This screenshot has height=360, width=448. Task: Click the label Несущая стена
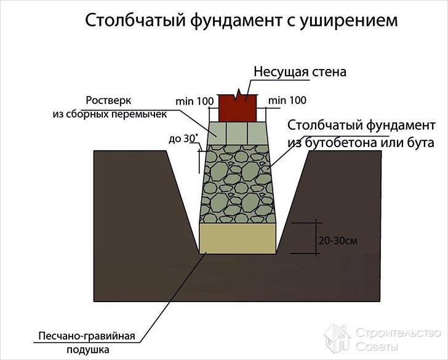click(300, 72)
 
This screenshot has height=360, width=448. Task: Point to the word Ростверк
click(109, 101)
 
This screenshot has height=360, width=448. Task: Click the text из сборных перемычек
click(108, 114)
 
